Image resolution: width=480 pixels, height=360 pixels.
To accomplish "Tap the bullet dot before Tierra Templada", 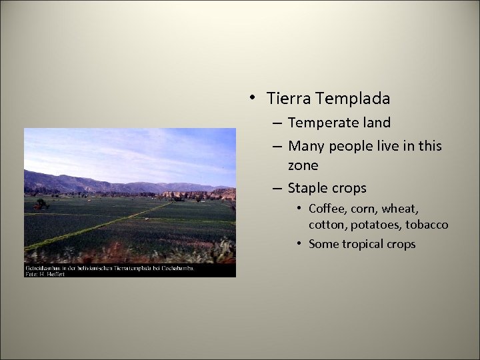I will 253,98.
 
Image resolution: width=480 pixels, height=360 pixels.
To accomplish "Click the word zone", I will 303,165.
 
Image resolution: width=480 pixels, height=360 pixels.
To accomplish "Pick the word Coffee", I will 327,209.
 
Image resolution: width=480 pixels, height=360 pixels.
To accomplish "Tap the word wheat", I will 399,209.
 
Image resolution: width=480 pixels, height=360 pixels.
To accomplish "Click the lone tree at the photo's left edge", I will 41,204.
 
